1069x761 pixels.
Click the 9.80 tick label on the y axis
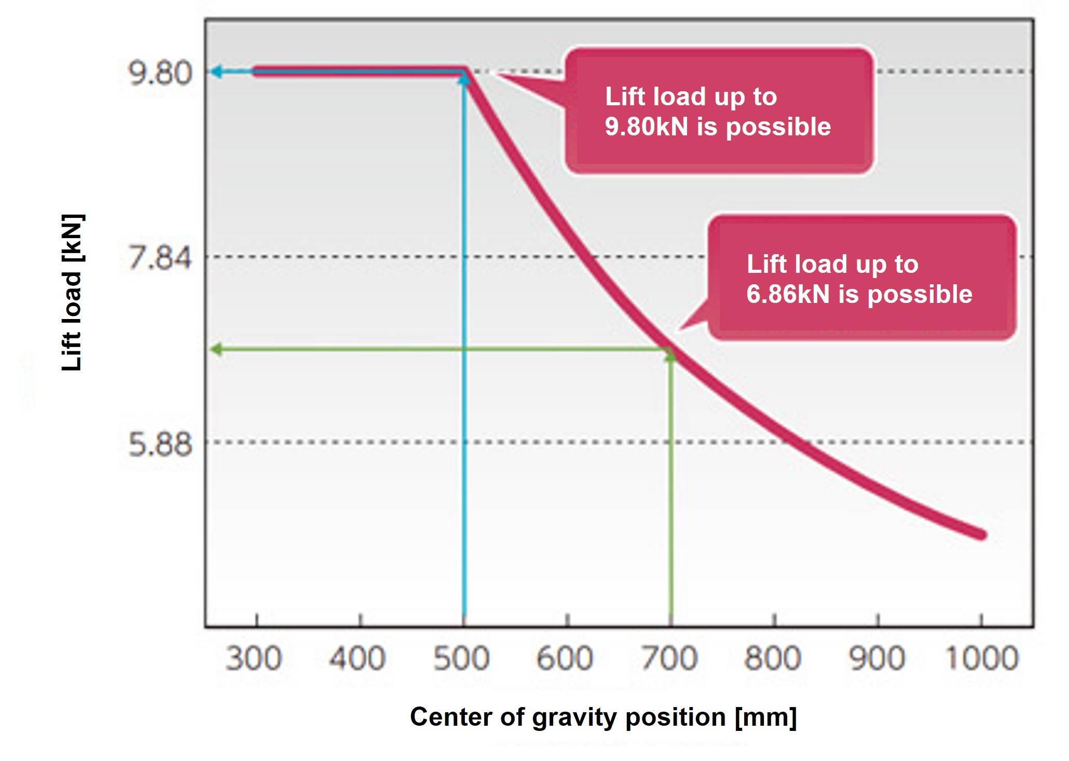(x=159, y=73)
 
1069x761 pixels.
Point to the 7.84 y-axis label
(x=159, y=258)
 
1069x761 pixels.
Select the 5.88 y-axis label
(x=159, y=445)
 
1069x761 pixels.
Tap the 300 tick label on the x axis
(x=254, y=659)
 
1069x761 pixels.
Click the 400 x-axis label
(x=357, y=659)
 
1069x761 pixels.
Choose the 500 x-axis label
(x=461, y=659)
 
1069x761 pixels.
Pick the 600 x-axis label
(x=565, y=659)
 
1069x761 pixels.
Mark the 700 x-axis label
(x=669, y=659)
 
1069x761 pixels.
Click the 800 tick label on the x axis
(x=773, y=659)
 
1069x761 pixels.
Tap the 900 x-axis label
(x=876, y=659)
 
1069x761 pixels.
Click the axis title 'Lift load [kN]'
(x=72, y=293)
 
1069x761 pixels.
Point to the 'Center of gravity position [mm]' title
(x=603, y=717)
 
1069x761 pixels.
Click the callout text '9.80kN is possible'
(x=718, y=127)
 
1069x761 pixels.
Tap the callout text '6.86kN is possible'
(x=859, y=295)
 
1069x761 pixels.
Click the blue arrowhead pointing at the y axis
(x=216, y=71)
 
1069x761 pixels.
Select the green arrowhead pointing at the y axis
(x=216, y=349)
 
